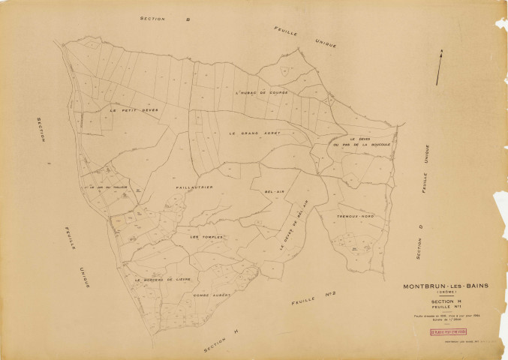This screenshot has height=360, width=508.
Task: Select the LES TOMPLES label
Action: [207, 237]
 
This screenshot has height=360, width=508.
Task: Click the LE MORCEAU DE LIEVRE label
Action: [163, 278]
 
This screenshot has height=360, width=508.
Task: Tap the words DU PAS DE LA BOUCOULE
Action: [362, 146]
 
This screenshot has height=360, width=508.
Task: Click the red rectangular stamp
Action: [447, 331]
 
